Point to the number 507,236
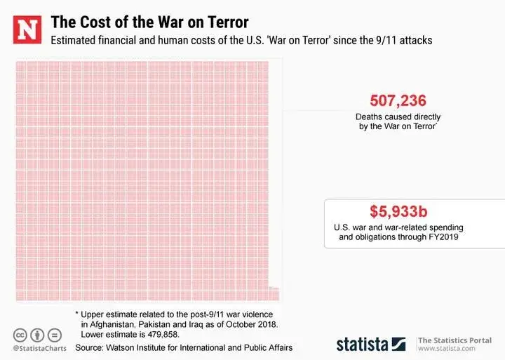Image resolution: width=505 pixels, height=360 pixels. pos(397,100)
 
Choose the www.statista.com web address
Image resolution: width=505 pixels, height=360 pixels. pos(450,349)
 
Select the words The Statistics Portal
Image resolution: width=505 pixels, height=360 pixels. pos(454,340)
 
